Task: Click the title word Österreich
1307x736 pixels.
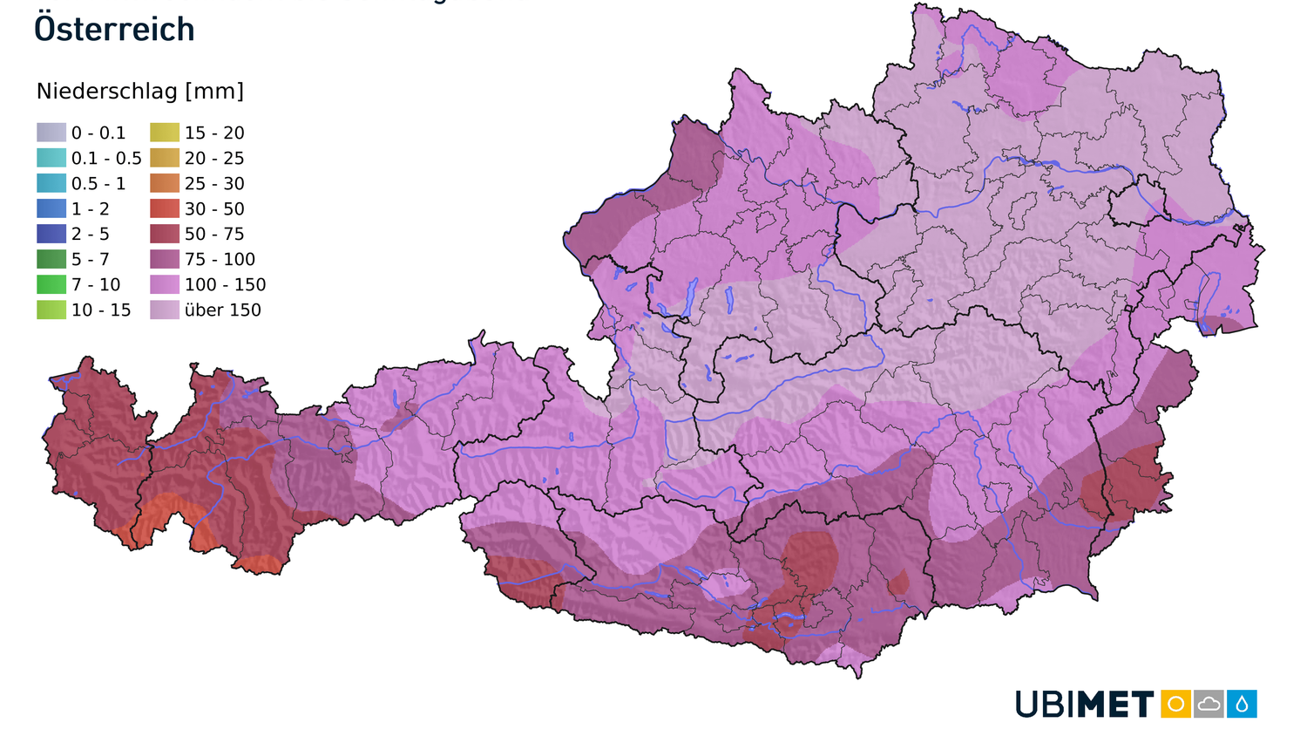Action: tap(114, 29)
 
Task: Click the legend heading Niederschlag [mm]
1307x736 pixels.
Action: tap(140, 92)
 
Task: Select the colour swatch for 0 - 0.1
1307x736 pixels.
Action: tap(51, 133)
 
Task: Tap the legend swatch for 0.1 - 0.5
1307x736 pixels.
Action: tap(51, 158)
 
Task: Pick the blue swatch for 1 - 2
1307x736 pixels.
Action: tap(51, 208)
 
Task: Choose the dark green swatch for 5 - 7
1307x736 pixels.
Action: tap(51, 259)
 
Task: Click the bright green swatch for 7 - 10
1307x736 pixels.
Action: tap(51, 284)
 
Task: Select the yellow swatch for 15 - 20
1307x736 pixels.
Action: tap(165, 133)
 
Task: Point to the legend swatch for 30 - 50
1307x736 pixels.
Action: tap(165, 208)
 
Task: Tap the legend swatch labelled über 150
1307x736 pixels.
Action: tap(165, 310)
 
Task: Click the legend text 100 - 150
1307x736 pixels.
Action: tap(225, 284)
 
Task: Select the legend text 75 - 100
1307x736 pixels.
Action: tap(220, 259)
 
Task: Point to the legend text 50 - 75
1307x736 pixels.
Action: tap(214, 234)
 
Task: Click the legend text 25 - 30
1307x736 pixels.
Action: tap(214, 183)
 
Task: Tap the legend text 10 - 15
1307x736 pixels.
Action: tap(101, 310)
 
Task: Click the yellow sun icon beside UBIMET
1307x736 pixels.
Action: tap(1175, 704)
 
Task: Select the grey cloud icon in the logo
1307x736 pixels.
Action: tap(1209, 704)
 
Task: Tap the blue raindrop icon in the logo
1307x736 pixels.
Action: tap(1242, 704)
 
